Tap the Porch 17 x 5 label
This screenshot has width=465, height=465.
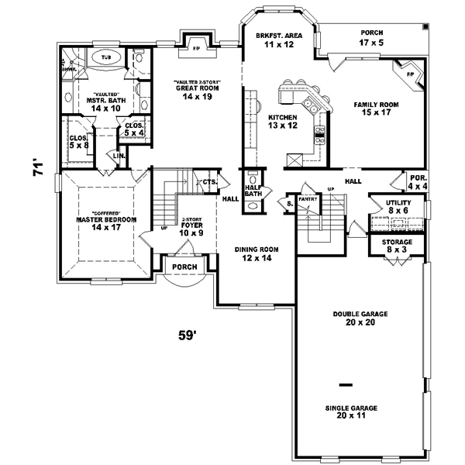[x=371, y=39]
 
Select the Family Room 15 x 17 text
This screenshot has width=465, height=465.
[x=377, y=108]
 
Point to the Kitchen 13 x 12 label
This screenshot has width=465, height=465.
[x=283, y=121]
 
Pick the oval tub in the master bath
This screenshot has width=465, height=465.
[x=106, y=57]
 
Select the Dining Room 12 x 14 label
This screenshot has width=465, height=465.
[x=256, y=254]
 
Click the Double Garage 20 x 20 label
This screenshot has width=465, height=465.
[x=360, y=319]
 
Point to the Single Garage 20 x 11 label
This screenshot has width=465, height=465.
[x=356, y=411]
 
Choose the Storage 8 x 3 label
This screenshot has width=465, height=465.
[x=397, y=246]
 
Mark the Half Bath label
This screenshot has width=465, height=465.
[x=252, y=191]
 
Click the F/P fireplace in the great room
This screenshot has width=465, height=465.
[x=195, y=47]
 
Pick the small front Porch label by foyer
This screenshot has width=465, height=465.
[x=184, y=267]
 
